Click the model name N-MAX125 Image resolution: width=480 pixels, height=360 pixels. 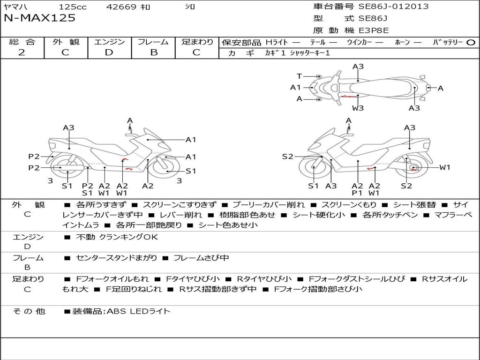pyautogui.click(x=39, y=18)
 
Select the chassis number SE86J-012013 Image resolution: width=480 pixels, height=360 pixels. pyautogui.click(x=393, y=6)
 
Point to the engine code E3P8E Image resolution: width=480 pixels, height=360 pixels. pyautogui.click(x=374, y=30)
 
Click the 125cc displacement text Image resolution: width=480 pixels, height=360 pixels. pyautogui.click(x=73, y=7)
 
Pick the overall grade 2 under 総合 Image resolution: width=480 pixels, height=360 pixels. pyautogui.click(x=22, y=52)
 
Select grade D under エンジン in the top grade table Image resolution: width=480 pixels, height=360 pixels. pyautogui.click(x=109, y=52)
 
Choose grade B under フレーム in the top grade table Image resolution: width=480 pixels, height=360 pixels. pyautogui.click(x=153, y=52)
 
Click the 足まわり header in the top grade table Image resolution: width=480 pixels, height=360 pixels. pyautogui.click(x=197, y=42)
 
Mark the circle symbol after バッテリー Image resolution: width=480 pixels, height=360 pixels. pyautogui.click(x=471, y=43)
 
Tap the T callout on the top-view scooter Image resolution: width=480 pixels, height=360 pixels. pyautogui.click(x=299, y=76)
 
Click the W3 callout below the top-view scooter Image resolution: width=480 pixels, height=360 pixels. pyautogui.click(x=358, y=108)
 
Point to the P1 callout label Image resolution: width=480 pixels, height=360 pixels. pyautogui.click(x=357, y=193)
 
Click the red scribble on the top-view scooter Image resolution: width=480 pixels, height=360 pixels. pyautogui.click(x=349, y=96)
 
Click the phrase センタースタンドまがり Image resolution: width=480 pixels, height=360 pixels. pyautogui.click(x=117, y=258)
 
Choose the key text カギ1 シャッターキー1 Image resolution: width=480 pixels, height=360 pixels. pyautogui.click(x=297, y=53)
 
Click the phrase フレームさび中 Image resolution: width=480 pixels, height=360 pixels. pyautogui.click(x=201, y=258)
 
